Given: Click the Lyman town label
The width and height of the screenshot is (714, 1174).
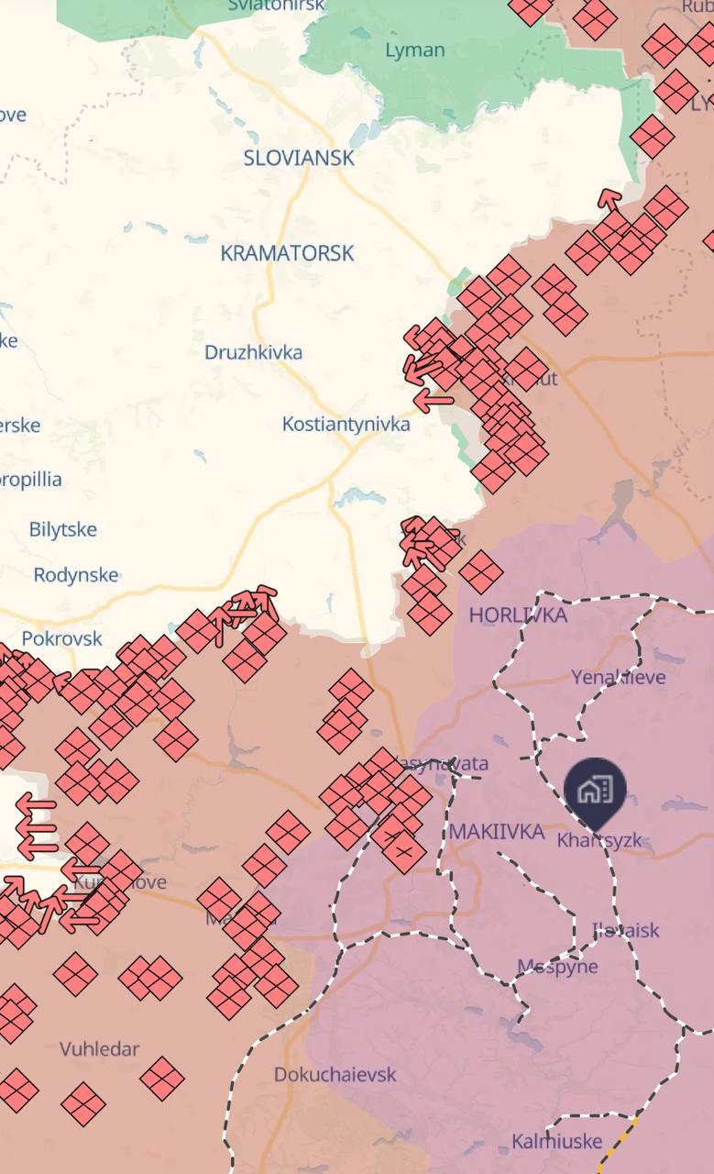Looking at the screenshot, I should click(x=414, y=50).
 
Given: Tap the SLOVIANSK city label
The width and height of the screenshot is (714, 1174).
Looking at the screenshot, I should click(x=299, y=158).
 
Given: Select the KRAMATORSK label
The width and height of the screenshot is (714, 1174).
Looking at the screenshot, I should click(x=287, y=253).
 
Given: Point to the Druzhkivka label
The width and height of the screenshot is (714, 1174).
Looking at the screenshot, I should click(x=253, y=352).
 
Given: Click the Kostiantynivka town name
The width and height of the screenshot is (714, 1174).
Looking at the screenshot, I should click(x=346, y=425).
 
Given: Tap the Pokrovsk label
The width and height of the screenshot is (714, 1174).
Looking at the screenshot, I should click(x=62, y=638).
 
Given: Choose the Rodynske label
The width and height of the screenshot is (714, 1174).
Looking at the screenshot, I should click(x=76, y=575).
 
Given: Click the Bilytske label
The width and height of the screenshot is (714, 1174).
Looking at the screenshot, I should click(x=62, y=529).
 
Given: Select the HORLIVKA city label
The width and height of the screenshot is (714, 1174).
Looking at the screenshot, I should click(x=518, y=615).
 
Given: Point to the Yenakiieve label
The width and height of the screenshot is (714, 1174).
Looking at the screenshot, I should click(x=619, y=677).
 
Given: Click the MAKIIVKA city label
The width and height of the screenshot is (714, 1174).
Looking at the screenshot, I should click(x=498, y=832).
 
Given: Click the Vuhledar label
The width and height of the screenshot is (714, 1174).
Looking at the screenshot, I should click(x=99, y=1048).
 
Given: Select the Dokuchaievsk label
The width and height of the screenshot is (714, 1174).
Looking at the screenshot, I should click(x=335, y=1074).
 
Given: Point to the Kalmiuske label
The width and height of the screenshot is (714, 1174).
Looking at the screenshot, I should click(x=557, y=1142).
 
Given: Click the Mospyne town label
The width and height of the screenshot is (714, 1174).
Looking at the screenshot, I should click(x=557, y=966).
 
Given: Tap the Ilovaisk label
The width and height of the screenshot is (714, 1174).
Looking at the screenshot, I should click(x=626, y=930).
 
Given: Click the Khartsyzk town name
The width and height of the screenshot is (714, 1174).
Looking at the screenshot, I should click(x=599, y=840).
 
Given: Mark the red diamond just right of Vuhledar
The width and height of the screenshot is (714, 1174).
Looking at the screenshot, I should click(x=162, y=1078).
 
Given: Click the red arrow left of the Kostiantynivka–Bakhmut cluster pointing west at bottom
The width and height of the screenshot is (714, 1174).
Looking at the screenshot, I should click(x=433, y=399).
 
